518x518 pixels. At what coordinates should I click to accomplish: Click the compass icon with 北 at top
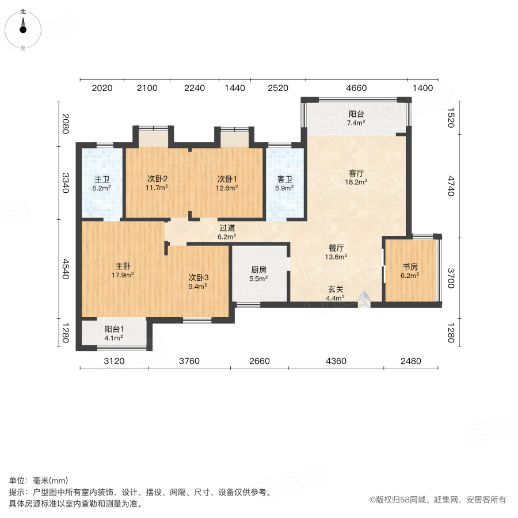point(23,27)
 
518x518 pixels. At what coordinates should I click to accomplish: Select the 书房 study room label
point(410,266)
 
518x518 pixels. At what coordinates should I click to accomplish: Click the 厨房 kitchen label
point(258,269)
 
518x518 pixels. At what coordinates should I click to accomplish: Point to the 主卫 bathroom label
point(102,178)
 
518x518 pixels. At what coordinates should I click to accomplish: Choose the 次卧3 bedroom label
point(199,277)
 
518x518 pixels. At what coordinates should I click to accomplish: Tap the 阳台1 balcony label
point(114,329)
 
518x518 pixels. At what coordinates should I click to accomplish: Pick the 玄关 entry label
point(335,289)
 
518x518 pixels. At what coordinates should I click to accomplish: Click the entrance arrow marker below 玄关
point(364,298)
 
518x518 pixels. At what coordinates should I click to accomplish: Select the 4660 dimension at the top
point(356,88)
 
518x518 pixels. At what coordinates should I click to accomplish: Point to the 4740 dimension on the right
point(451,186)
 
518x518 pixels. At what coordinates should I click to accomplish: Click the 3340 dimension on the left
point(66,182)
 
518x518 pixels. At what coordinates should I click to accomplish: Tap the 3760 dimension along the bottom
point(189,361)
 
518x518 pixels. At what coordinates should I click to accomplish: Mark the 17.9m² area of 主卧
point(123,275)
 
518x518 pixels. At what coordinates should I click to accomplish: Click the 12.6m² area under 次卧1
point(227,188)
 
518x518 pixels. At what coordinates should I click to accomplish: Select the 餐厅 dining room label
point(336,248)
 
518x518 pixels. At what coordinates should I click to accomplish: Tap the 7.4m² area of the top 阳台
point(357,123)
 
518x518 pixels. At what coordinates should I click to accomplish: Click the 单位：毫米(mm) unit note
point(39,481)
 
